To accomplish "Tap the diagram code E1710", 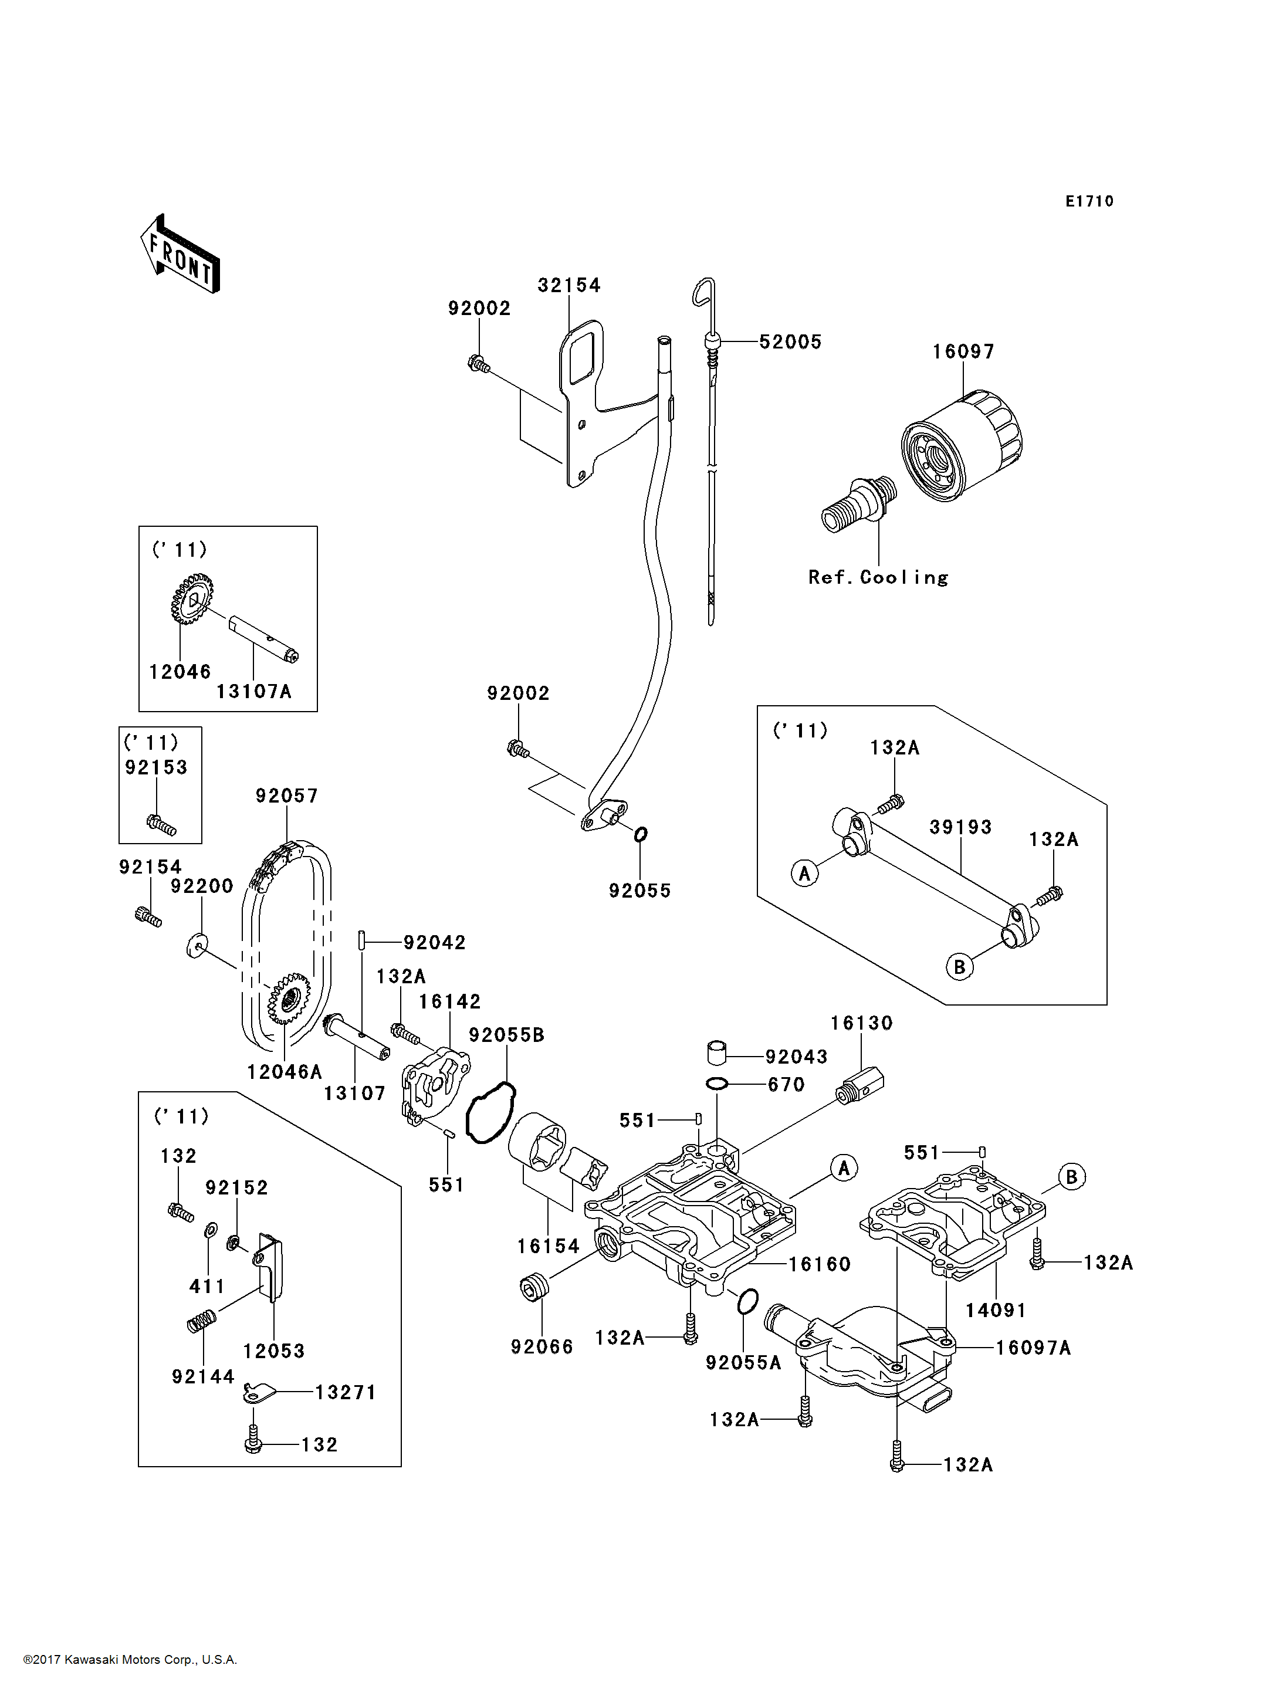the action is coord(1089,201).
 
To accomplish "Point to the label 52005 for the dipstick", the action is coord(790,341).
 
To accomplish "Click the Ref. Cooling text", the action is coord(878,577).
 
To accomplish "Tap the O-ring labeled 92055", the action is coord(641,834).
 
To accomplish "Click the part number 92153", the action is coord(156,767).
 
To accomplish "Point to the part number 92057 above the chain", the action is coord(286,796).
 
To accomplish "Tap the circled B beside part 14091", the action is coord(1072,1177).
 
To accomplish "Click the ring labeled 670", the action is coord(716,1084).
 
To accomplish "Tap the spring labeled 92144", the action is coord(202,1321).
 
